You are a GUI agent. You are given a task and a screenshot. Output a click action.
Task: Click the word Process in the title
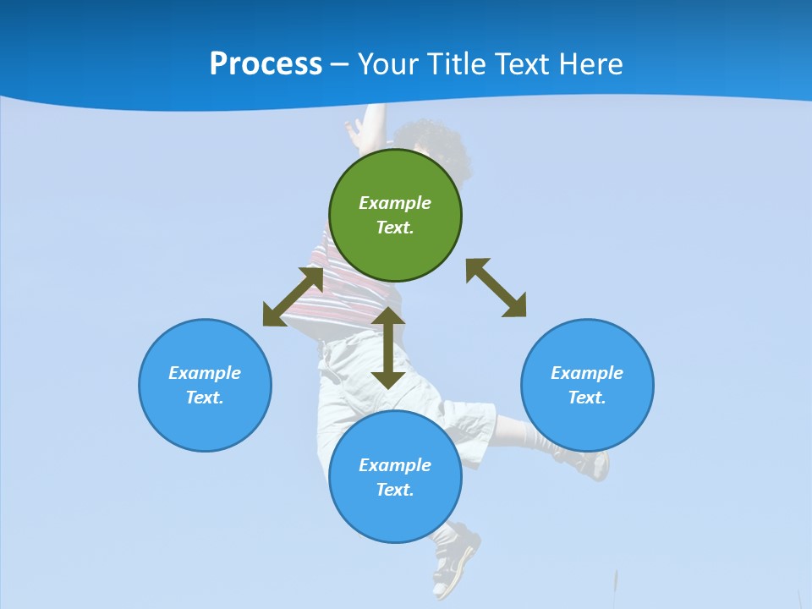coord(266,64)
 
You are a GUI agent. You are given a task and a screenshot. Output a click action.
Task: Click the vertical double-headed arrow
coord(388,347)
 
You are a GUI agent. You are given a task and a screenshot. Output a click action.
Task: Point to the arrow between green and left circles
coord(293,296)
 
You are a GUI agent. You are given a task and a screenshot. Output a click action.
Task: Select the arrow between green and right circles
coord(496,288)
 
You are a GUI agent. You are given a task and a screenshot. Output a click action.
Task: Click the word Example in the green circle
coord(395,203)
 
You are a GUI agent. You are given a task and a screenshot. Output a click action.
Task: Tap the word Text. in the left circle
coord(205,398)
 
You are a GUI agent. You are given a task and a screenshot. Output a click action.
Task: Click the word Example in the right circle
coord(587,373)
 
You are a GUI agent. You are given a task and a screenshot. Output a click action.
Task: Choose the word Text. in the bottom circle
coord(395,490)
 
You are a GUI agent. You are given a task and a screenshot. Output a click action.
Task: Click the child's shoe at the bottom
coord(453,562)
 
